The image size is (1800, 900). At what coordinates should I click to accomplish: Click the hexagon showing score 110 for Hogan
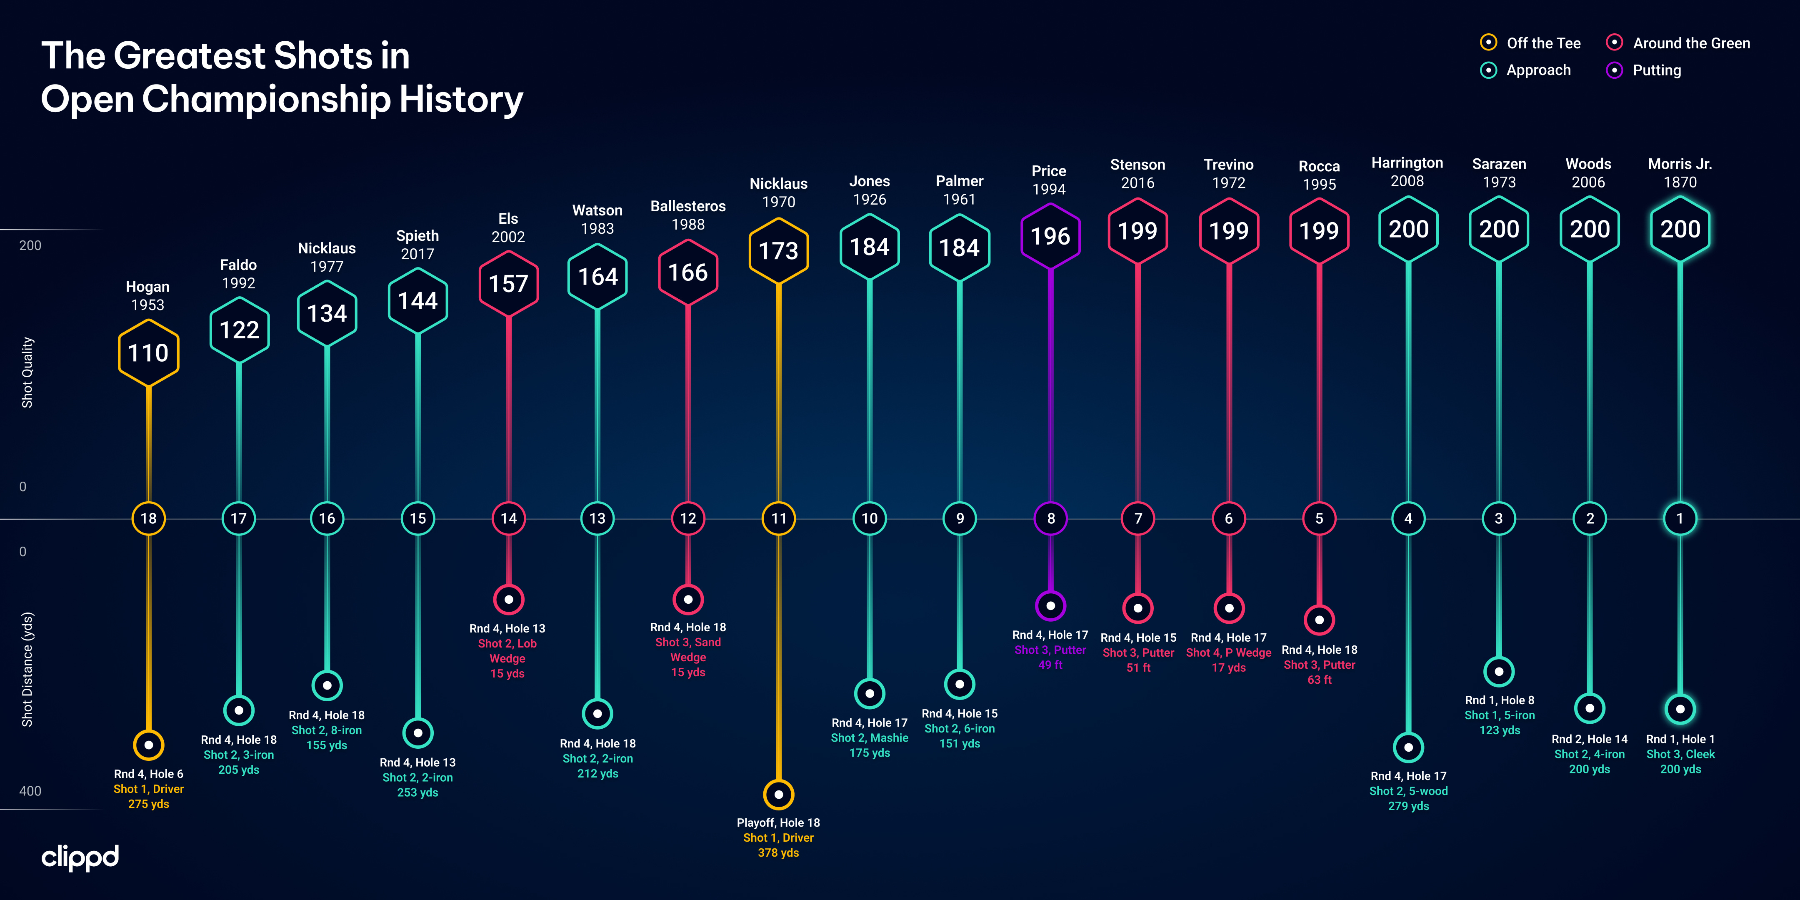point(148,353)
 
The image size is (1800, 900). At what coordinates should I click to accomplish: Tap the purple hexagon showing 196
point(1050,236)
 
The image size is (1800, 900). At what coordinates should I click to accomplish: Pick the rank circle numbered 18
point(148,518)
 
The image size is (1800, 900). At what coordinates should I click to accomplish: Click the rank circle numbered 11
point(778,518)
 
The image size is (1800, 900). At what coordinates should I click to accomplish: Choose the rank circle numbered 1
point(1680,518)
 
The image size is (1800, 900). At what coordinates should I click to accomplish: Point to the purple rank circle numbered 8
point(1050,518)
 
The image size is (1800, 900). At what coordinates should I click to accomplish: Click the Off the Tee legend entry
point(1530,43)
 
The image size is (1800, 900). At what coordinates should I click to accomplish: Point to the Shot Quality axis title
point(27,372)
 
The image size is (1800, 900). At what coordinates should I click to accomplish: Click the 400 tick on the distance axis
point(30,791)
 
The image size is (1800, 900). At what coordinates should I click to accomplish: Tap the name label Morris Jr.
point(1680,164)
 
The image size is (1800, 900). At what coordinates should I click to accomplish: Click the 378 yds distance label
point(778,852)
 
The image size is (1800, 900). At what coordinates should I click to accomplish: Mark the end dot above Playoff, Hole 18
point(778,795)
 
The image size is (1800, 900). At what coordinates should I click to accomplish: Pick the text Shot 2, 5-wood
point(1408,791)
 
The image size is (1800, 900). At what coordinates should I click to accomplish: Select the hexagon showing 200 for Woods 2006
point(1590,229)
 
